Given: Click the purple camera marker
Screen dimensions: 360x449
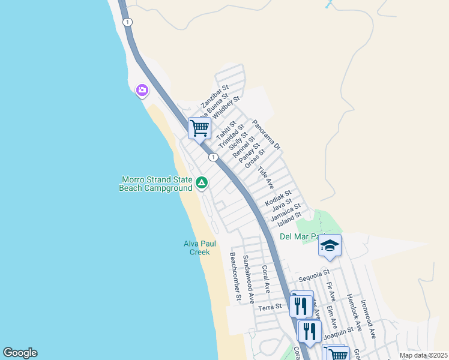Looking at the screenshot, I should tap(142, 91).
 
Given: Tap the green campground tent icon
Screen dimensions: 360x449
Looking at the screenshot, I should tap(202, 182).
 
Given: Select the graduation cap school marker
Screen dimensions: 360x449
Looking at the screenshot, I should tap(330, 245).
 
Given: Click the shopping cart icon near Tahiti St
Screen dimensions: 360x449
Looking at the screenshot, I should tap(199, 127).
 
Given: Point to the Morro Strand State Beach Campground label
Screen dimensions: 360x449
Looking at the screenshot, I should tap(157, 184).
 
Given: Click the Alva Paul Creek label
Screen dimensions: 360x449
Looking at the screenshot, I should tap(199, 248).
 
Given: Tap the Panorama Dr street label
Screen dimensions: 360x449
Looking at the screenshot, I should tap(267, 134).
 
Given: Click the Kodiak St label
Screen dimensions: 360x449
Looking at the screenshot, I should tap(278, 199).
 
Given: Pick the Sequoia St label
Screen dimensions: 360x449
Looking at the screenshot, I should tap(315, 275).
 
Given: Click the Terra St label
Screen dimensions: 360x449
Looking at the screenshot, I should tap(270, 307).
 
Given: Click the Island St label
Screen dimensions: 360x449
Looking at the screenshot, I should tap(290, 219).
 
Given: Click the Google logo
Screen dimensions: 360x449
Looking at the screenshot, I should tap(20, 353).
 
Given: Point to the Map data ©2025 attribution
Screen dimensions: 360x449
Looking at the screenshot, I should tap(423, 355).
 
